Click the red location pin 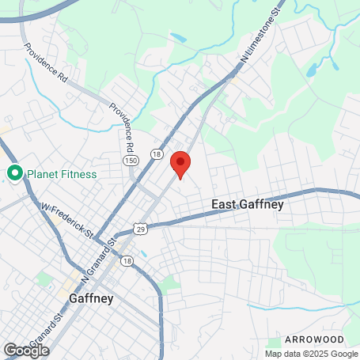point(180,165)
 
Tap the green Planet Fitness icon point(14,173)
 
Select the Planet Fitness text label point(62,174)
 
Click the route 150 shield point(129,161)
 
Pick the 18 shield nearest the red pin point(157,155)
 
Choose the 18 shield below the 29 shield point(127,260)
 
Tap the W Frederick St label point(67,222)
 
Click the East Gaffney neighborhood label point(248,205)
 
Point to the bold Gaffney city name point(91,299)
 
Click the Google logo point(26,350)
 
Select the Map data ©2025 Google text point(312,354)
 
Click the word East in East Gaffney point(225,205)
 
